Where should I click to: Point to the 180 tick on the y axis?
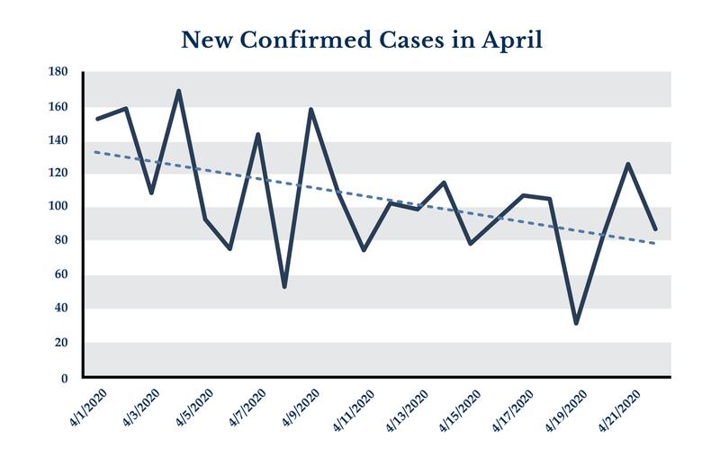tap(58, 73)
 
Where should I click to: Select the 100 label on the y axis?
tap(58, 207)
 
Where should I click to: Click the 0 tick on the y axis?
tap(64, 378)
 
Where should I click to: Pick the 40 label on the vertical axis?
tap(61, 309)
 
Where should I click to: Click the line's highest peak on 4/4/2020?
tap(178, 91)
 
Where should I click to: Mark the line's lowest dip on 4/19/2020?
tap(575, 323)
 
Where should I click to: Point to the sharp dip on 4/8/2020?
tap(284, 287)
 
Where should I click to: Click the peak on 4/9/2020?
tap(311, 110)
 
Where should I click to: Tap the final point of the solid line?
tap(655, 229)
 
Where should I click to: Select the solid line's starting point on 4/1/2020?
tap(97, 119)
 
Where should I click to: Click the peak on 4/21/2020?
tap(628, 164)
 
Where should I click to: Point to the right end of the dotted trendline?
tap(654, 243)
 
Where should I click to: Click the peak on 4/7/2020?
tap(258, 134)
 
